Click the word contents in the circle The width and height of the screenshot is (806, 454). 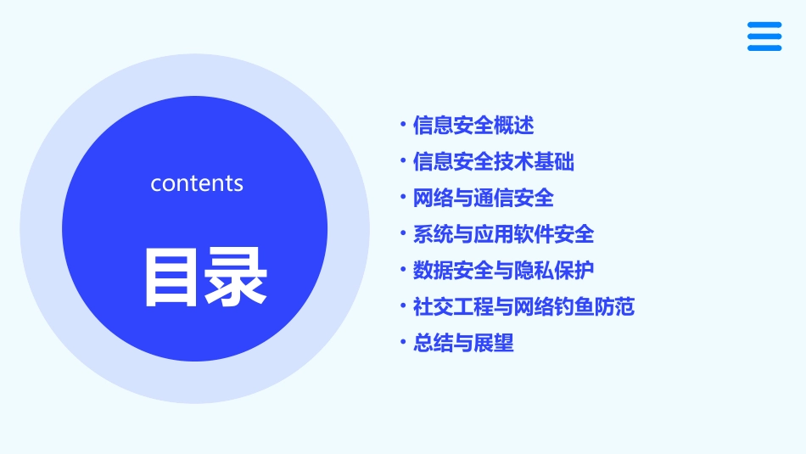pyautogui.click(x=197, y=183)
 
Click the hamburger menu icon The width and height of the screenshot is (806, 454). pyautogui.click(x=764, y=36)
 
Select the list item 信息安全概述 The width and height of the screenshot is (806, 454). pyautogui.click(x=473, y=126)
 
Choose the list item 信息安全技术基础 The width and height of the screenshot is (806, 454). pyautogui.click(x=494, y=161)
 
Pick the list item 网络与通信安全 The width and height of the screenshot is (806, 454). pyautogui.click(x=484, y=198)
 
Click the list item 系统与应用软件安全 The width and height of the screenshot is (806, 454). pyautogui.click(x=504, y=234)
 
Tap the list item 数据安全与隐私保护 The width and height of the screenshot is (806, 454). pyautogui.click(x=504, y=271)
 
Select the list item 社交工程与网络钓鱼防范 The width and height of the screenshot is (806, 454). pyautogui.click(x=523, y=306)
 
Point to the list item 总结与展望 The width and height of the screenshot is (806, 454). pyautogui.click(x=463, y=343)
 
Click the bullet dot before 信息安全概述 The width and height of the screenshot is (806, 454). pyautogui.click(x=403, y=126)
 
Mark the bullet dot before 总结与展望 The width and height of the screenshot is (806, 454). pyautogui.click(x=403, y=343)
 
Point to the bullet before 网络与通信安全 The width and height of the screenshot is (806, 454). pyautogui.click(x=403, y=198)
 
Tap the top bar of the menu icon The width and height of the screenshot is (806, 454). pyautogui.click(x=764, y=25)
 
